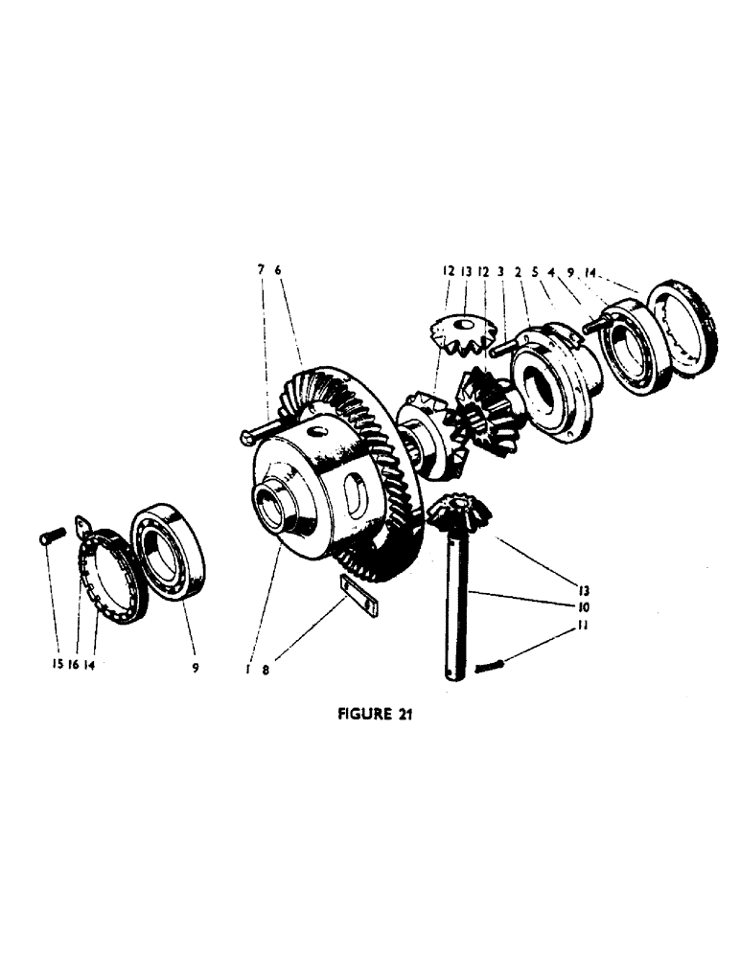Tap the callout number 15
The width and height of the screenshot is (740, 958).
pos(55,662)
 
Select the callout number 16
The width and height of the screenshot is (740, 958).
pos(73,662)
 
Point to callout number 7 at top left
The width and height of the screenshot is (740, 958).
pos(260,271)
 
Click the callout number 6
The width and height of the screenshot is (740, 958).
pos(278,271)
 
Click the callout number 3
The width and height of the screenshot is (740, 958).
pos(500,271)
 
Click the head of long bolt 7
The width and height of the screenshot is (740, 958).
pos(245,438)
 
